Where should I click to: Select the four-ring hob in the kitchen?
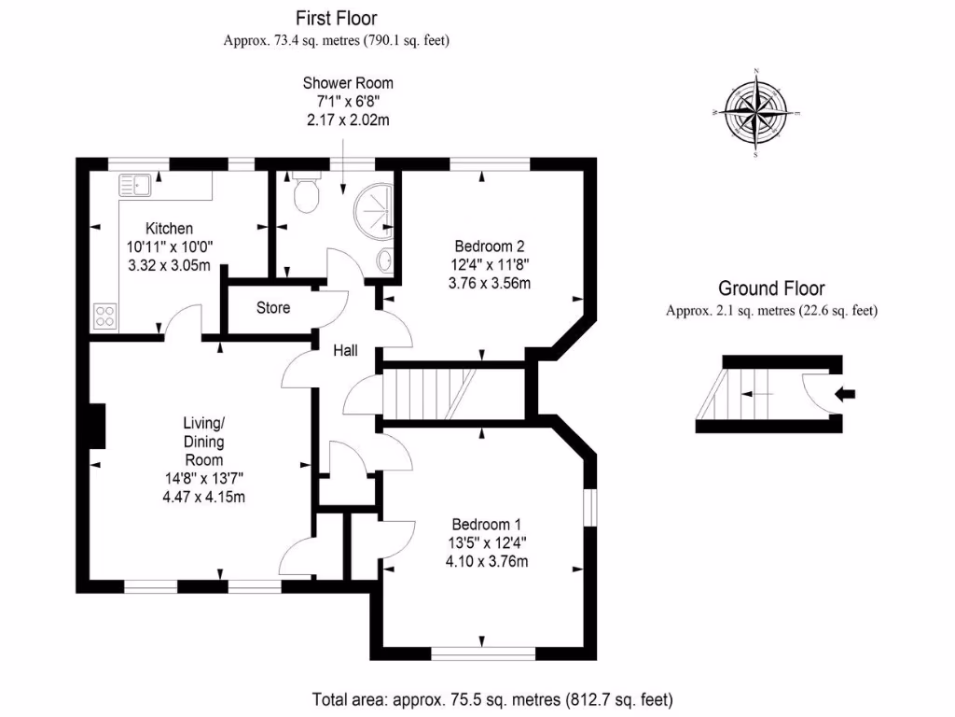click(x=104, y=317)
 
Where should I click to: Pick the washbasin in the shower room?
click(x=384, y=260)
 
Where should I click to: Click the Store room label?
click(x=272, y=308)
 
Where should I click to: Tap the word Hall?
click(x=348, y=351)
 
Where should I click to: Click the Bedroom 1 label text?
click(x=489, y=525)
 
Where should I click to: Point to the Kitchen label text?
click(x=169, y=229)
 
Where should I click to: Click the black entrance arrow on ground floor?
click(x=847, y=395)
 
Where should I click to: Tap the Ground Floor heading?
click(x=771, y=289)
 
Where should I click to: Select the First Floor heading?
click(x=337, y=18)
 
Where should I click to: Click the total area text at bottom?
click(x=491, y=699)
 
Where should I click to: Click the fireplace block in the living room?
click(x=96, y=425)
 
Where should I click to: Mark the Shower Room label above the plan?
click(x=348, y=84)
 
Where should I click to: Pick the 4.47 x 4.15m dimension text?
click(x=202, y=498)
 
